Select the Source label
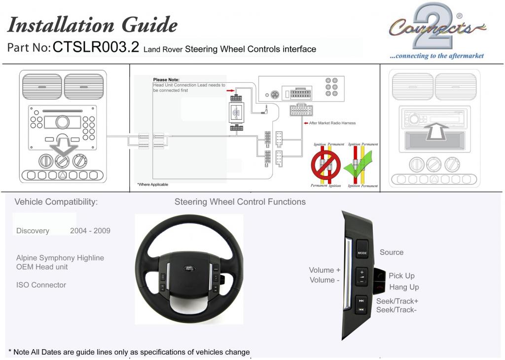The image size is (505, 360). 392,252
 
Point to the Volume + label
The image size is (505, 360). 325,270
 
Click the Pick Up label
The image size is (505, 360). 401,276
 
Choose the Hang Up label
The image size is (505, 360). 404,287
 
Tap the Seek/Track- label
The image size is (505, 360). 396,310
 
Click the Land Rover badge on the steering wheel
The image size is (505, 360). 189,268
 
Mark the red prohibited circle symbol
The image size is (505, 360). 325,165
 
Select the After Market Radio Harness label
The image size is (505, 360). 332,123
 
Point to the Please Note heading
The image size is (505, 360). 166,79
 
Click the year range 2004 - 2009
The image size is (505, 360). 90,231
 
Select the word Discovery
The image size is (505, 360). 33,231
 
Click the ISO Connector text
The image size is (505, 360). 41,285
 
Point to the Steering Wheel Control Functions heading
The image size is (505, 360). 240,202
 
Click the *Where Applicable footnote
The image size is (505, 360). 152,184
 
